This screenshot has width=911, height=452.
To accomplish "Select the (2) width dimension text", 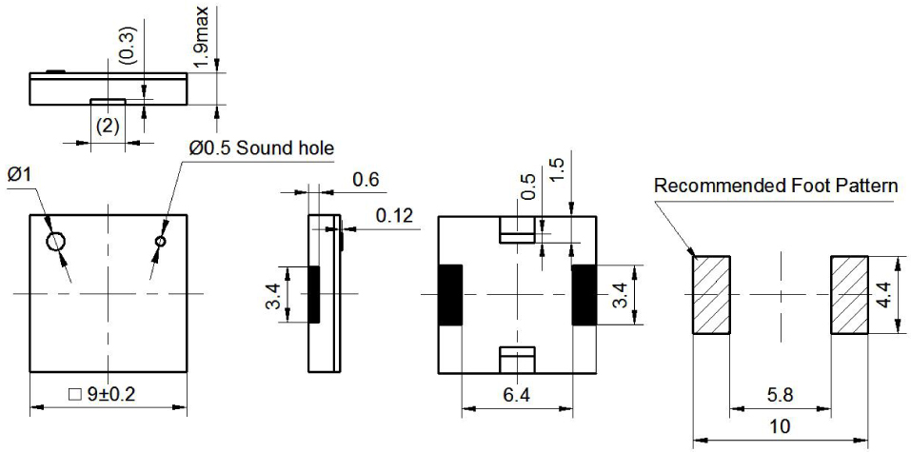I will (x=108, y=126).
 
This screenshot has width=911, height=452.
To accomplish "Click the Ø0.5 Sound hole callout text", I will (x=262, y=148).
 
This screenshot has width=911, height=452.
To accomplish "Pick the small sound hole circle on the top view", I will (x=161, y=242).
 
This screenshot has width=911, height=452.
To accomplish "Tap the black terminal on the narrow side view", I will (x=314, y=294).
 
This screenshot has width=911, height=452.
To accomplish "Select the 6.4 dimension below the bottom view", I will (x=517, y=394).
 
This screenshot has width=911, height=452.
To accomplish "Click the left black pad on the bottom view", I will (x=449, y=294).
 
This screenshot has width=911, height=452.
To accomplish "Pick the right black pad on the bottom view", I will (x=583, y=294).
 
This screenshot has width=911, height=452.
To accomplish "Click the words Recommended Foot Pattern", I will (x=775, y=186).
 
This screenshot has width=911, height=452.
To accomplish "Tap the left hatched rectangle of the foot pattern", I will (x=710, y=294).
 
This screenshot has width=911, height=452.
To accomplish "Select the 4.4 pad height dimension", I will (x=883, y=294).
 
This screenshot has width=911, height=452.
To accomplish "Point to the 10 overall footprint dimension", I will (x=779, y=427).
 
